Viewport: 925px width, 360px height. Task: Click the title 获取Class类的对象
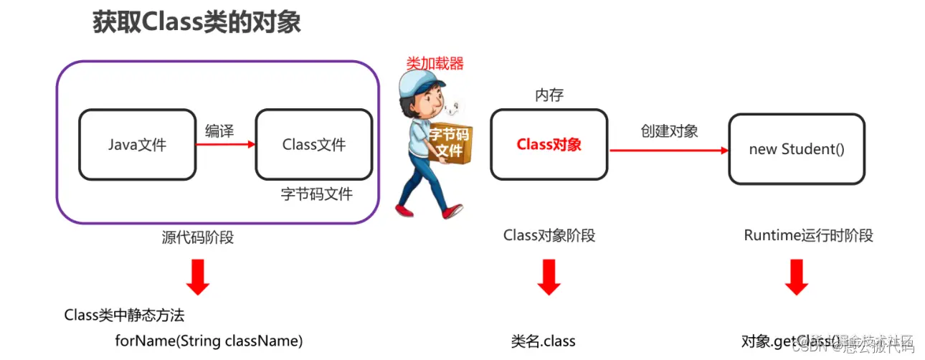coord(196,22)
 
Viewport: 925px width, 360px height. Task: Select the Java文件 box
coord(137,144)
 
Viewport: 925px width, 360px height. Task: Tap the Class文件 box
coord(313,144)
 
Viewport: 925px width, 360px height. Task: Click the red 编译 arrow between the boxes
coord(225,144)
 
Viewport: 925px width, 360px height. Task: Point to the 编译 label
coord(219,131)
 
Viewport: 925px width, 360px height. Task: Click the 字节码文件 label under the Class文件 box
coord(316,194)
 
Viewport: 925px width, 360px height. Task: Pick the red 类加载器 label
coord(435,63)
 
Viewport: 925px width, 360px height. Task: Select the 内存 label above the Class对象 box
coord(549,95)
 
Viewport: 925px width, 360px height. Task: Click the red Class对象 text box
coord(549,144)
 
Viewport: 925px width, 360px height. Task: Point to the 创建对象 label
coord(669,131)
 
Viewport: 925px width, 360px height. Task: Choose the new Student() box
coord(797,149)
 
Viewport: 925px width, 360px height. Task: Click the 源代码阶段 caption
coord(198,237)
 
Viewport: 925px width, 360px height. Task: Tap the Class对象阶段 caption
coord(549,235)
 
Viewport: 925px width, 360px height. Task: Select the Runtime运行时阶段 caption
coord(808,235)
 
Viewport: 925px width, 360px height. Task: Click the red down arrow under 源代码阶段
coord(198,278)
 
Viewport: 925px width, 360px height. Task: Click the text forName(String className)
coord(209,341)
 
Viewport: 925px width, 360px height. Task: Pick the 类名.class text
coord(543,341)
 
